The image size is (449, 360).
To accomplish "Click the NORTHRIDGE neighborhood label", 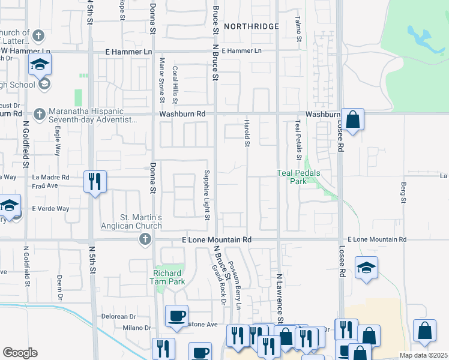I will pyautogui.click(x=252, y=26).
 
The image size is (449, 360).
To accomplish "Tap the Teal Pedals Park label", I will pyautogui.click(x=298, y=177).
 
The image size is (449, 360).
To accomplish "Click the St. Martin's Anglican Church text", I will pyautogui.click(x=132, y=221).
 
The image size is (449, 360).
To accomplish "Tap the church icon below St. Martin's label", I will pyautogui.click(x=144, y=240).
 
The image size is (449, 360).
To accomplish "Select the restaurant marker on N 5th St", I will pyautogui.click(x=95, y=181).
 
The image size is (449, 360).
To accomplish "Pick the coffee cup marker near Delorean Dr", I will pyautogui.click(x=176, y=316).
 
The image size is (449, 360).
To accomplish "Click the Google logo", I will pyautogui.click(x=20, y=353).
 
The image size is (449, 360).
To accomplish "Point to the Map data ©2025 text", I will pyautogui.click(x=423, y=355).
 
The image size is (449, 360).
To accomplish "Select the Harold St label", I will pyautogui.click(x=246, y=133).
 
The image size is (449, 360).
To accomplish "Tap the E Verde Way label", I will pyautogui.click(x=51, y=209).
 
